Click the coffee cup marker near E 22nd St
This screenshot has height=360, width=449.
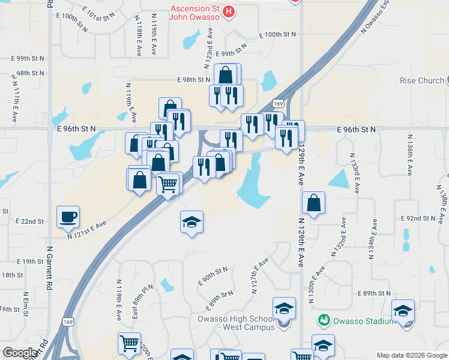pyautogui.click(x=68, y=217)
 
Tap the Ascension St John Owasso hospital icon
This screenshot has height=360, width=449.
pyautogui.click(x=228, y=11)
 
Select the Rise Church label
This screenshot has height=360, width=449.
pyautogui.click(x=421, y=80)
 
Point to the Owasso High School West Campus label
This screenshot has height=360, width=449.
pyautogui.click(x=236, y=323)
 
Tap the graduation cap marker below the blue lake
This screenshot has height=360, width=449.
pyautogui.click(x=191, y=223)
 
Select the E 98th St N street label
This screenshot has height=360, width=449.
pyautogui.click(x=194, y=79)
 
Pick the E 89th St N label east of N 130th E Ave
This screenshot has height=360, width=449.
pyautogui.click(x=373, y=293)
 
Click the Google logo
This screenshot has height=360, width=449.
pyautogui.click(x=20, y=353)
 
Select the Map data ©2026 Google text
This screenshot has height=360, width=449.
pyautogui.click(x=411, y=355)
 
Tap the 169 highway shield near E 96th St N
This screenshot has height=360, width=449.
pyautogui.click(x=277, y=104)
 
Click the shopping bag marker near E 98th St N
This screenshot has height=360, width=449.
pyautogui.click(x=225, y=75)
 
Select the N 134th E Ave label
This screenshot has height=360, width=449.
pyautogui.click(x=372, y=238)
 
